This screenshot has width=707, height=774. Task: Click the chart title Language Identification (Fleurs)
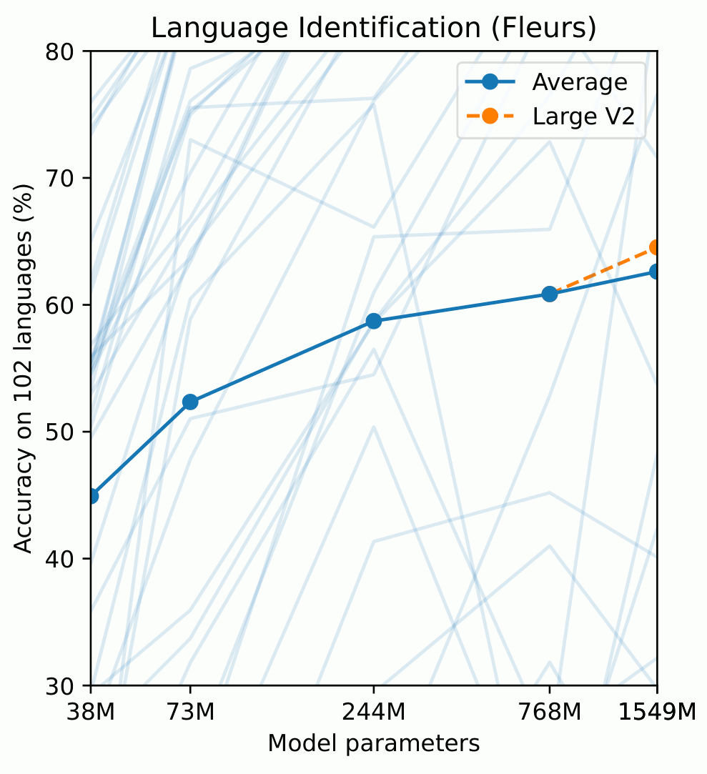pos(373,28)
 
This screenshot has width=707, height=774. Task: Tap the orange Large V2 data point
pos(656,247)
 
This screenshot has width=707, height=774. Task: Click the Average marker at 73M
pos(190,402)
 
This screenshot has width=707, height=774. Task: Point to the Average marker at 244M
pos(373,321)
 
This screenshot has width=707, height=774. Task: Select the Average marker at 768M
pos(549,294)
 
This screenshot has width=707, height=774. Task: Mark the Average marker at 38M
pos(92,495)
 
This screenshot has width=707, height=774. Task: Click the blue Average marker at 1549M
pos(656,272)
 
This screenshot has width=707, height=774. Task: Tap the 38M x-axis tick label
pos(91,712)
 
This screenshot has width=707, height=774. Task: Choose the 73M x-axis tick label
pos(190,712)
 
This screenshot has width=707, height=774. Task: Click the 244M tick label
pos(373,712)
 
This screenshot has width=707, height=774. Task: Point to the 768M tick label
pos(549,712)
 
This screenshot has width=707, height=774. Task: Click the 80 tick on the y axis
pos(66,52)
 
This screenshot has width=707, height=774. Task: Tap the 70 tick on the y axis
pos(66,179)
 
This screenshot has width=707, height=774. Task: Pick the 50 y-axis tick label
pos(66,432)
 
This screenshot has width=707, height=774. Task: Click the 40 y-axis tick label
pos(66,559)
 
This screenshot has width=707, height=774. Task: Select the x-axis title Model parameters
pos(373,744)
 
